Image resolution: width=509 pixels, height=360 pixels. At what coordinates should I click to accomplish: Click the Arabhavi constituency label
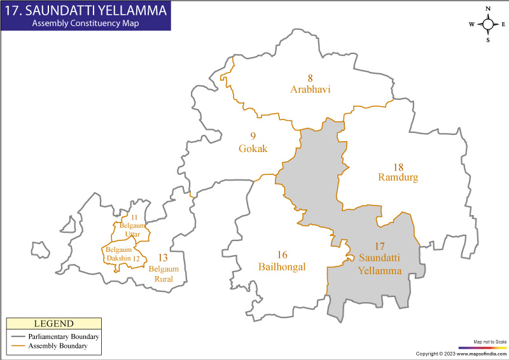tap(310, 90)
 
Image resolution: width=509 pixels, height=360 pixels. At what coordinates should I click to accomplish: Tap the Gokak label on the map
tap(253, 149)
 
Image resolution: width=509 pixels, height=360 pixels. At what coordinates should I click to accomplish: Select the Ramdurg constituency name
tap(398, 177)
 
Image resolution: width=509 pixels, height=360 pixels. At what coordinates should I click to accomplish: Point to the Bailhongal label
tap(282, 267)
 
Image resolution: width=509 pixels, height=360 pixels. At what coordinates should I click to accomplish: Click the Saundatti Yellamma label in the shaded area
tap(380, 263)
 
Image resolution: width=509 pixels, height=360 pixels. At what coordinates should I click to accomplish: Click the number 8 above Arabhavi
tap(310, 78)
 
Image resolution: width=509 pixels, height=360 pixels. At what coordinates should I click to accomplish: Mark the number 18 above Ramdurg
tap(398, 166)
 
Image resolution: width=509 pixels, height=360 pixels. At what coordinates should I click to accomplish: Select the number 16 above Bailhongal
tap(282, 255)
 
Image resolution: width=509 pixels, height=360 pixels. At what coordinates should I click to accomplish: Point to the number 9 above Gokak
tap(253, 136)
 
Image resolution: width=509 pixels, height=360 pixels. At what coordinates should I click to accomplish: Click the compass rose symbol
tap(488, 24)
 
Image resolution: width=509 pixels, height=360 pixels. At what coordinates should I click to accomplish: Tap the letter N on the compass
tap(488, 9)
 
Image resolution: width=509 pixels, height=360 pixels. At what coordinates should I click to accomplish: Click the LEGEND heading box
tap(53, 324)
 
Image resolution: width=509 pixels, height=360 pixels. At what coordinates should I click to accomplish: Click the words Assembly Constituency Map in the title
tap(85, 23)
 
